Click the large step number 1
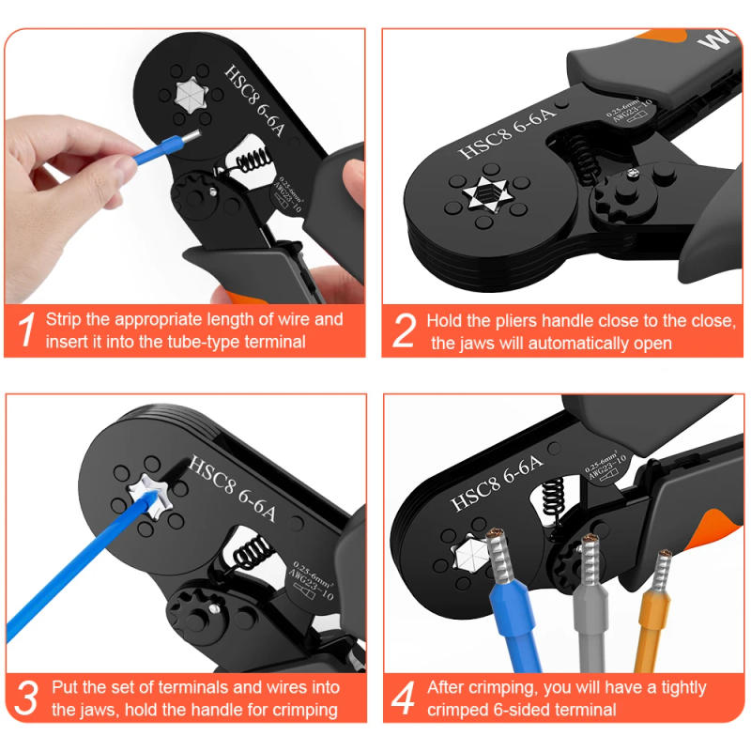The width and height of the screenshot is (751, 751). point(27,330)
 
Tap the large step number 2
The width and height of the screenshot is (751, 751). point(404,330)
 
